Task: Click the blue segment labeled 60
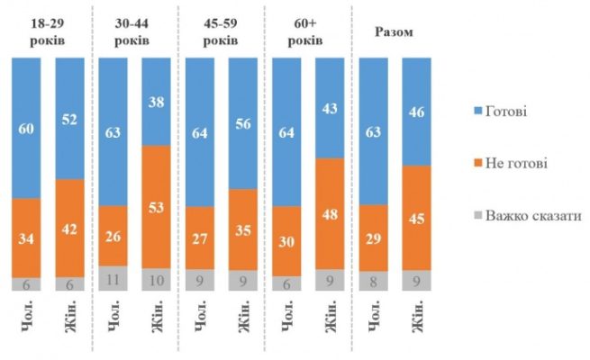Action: coord(27,128)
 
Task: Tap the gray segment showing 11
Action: coord(114,278)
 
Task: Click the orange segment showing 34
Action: coord(27,238)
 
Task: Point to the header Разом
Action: coord(395,32)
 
